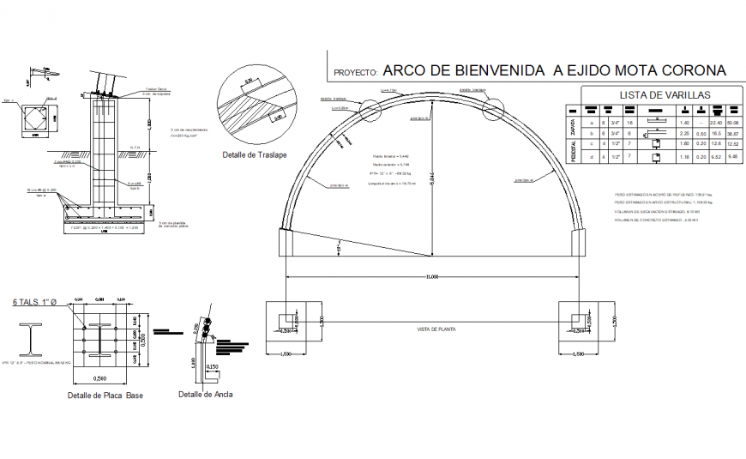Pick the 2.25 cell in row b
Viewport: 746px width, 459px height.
pyautogui.click(x=685, y=134)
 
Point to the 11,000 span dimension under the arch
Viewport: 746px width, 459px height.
pyautogui.click(x=431, y=276)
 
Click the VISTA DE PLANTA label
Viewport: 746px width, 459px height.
pyautogui.click(x=435, y=329)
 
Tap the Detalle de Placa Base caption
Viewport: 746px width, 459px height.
pyautogui.click(x=105, y=396)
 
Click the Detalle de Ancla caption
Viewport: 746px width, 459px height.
pyautogui.click(x=205, y=395)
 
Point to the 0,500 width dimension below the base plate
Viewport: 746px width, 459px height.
pyautogui.click(x=102, y=377)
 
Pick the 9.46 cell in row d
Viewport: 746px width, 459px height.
pyautogui.click(x=732, y=157)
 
